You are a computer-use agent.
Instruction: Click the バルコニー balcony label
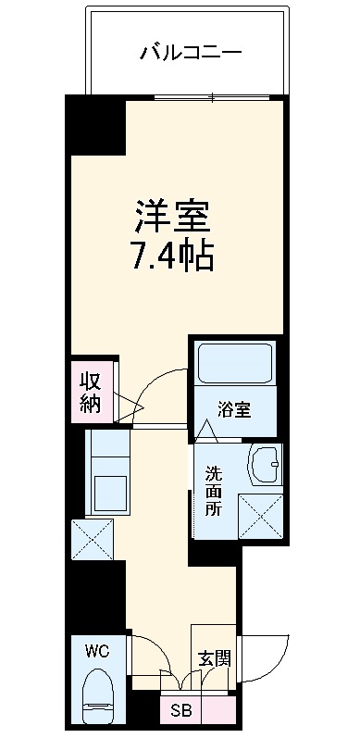click(191, 52)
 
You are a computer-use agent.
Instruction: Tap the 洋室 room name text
click(172, 216)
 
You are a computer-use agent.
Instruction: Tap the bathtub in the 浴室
click(235, 366)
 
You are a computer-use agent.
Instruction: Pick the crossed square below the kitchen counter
click(92, 539)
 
